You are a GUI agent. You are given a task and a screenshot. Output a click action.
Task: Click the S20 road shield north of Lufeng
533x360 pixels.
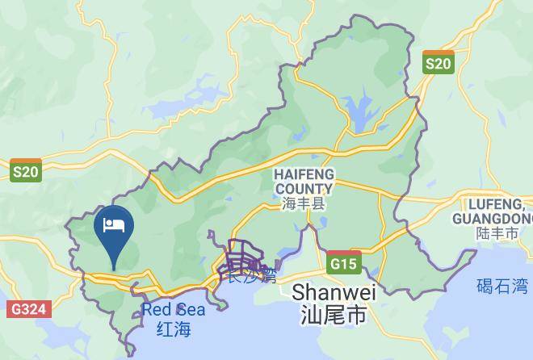(439, 61)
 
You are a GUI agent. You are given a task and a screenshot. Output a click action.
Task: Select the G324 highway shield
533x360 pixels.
(30, 308)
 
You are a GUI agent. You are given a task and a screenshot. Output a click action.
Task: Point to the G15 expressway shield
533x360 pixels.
(345, 263)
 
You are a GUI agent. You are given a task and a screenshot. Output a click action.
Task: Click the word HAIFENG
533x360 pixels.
(304, 174)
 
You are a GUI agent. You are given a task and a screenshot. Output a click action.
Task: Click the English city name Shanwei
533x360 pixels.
(329, 291)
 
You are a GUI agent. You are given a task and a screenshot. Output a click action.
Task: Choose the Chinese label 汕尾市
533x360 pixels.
(329, 314)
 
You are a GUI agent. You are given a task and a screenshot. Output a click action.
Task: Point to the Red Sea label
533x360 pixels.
(173, 309)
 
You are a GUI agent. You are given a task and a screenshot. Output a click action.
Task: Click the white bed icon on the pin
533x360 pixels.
(114, 224)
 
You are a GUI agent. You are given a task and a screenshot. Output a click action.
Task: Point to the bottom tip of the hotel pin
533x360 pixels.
(114, 267)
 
